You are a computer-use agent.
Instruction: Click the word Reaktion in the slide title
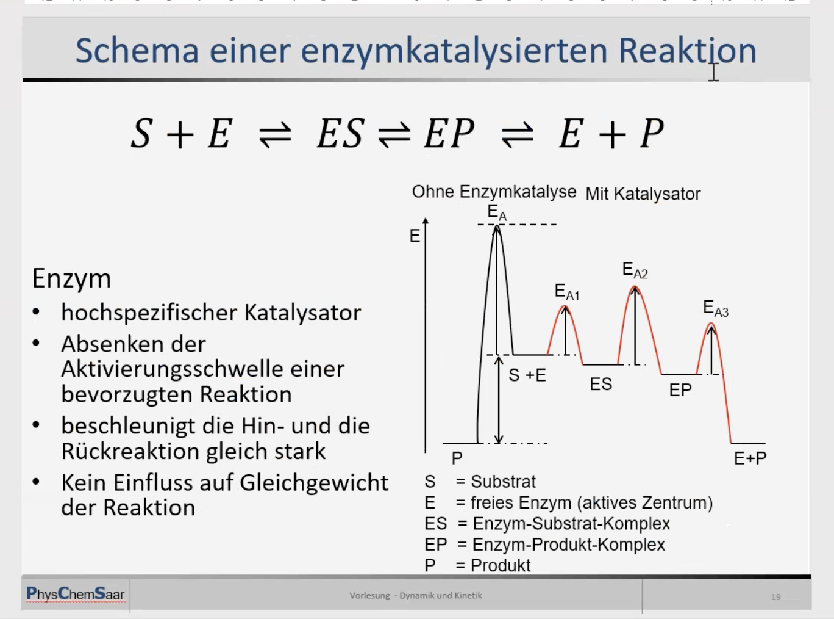click(x=687, y=51)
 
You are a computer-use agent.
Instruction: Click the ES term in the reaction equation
click(x=341, y=133)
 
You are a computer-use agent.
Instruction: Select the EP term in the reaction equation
click(x=449, y=133)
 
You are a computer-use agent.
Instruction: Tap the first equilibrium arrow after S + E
click(x=275, y=135)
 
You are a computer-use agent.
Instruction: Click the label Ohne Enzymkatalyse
click(x=494, y=192)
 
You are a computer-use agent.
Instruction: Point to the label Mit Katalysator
click(x=643, y=194)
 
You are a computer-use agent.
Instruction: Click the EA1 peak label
click(x=567, y=292)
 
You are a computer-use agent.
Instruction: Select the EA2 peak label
click(x=635, y=270)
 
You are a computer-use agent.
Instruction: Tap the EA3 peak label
click(x=716, y=309)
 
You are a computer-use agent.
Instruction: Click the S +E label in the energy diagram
click(x=527, y=375)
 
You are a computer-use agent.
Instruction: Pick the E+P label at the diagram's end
click(x=750, y=458)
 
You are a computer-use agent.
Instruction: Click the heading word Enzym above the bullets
click(x=71, y=280)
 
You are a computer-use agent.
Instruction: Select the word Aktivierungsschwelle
click(x=171, y=369)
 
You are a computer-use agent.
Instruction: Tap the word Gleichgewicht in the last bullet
click(x=313, y=483)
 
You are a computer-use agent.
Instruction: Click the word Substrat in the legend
click(x=503, y=482)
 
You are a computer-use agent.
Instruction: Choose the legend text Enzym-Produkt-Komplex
click(x=569, y=545)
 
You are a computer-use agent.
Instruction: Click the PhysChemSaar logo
click(x=75, y=594)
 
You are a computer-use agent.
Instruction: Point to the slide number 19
click(x=775, y=597)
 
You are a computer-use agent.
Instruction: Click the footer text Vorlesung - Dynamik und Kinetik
click(x=416, y=596)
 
